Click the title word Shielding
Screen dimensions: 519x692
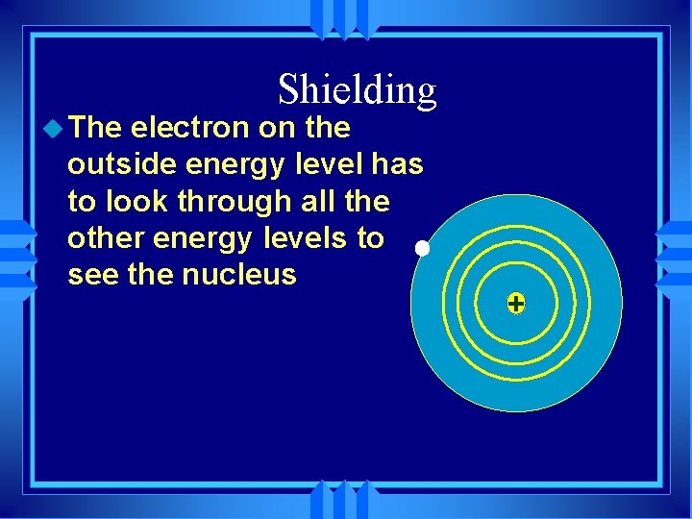(357, 89)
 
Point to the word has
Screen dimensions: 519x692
(397, 164)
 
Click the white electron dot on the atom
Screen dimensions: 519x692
(422, 249)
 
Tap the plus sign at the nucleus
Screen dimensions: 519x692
(516, 305)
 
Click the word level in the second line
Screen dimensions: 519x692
(328, 164)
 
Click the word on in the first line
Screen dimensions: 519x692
(277, 128)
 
